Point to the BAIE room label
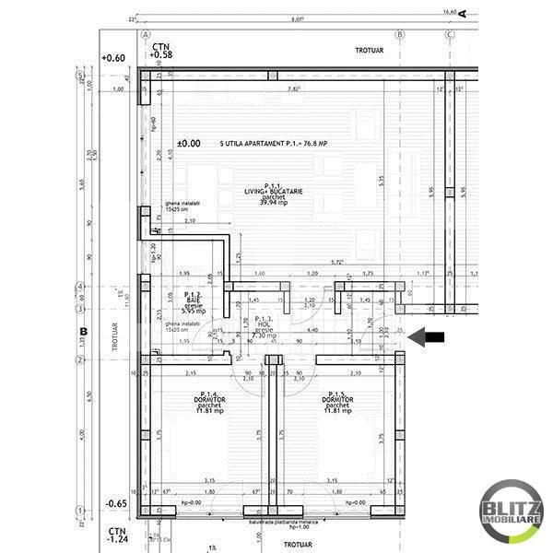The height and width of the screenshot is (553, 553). tap(193, 300)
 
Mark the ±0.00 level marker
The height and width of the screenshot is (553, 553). tap(188, 144)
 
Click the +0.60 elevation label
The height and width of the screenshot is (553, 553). tap(114, 57)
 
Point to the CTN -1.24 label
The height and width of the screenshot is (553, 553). tap(116, 536)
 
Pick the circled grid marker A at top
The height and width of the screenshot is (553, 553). tap(145, 34)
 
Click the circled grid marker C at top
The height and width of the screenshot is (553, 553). tap(450, 34)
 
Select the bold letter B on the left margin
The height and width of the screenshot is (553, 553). tap(82, 330)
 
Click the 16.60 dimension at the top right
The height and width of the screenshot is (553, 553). tap(450, 11)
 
